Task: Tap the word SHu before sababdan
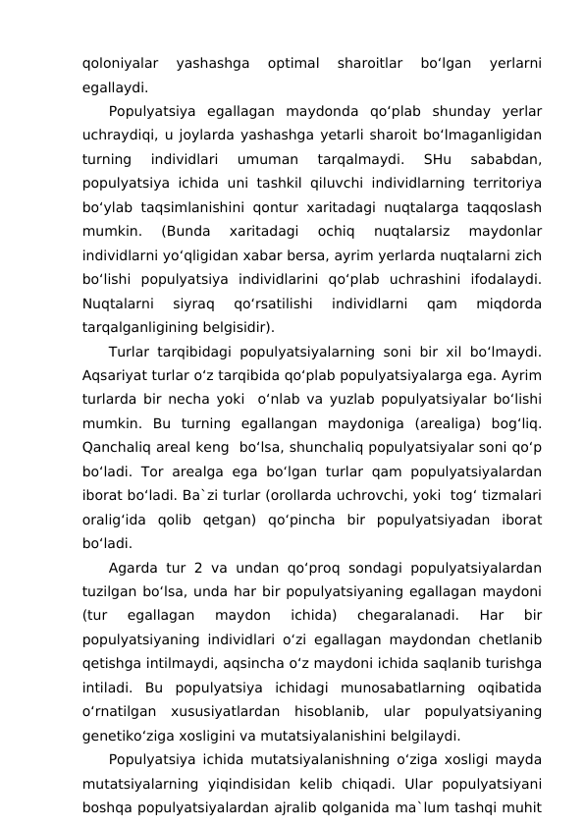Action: [435, 158]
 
